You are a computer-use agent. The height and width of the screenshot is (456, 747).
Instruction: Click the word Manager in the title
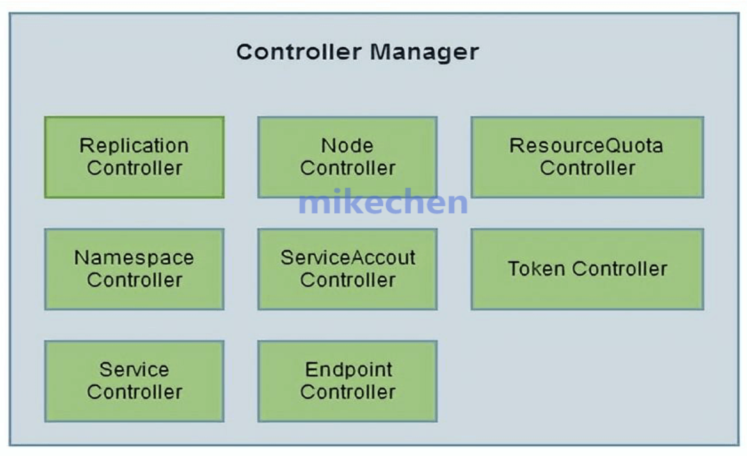[x=424, y=52]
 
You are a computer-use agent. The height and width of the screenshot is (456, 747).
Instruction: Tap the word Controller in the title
[x=299, y=52]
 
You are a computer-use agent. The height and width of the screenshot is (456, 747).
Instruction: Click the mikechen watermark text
[x=383, y=203]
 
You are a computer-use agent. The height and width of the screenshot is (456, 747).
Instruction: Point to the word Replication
[x=134, y=146]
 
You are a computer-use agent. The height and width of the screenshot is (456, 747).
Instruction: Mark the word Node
[x=347, y=146]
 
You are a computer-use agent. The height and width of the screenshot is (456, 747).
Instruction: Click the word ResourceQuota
[x=586, y=146]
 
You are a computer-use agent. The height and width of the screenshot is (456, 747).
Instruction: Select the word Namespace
[x=134, y=258]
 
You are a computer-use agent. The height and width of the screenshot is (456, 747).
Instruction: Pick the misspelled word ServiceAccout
[x=348, y=257]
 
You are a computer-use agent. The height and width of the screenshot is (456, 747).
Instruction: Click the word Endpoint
[x=349, y=370]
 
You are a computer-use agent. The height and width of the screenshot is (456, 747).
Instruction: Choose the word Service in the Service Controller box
[x=134, y=370]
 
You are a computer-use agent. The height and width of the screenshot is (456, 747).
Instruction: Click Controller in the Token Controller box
[x=619, y=269]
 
